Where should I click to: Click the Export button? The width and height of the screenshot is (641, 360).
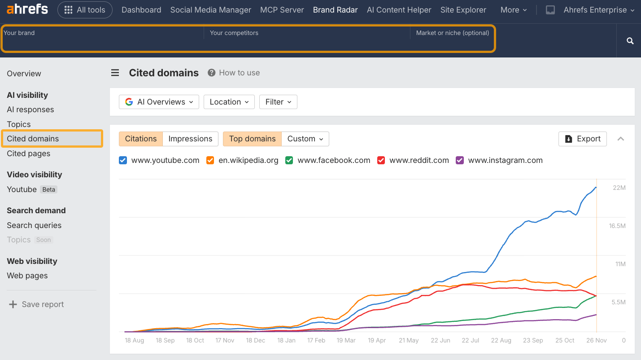(x=582, y=139)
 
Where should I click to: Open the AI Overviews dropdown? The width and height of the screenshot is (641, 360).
(x=159, y=102)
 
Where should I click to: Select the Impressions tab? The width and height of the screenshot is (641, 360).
(x=190, y=139)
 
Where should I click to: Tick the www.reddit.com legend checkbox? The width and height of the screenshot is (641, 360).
(x=381, y=160)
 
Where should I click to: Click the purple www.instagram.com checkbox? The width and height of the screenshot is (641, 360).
(x=460, y=160)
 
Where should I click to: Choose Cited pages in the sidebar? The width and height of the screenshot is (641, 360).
(x=29, y=154)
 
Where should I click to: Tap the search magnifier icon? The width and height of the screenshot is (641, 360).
(x=630, y=41)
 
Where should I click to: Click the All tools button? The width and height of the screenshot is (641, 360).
(x=85, y=10)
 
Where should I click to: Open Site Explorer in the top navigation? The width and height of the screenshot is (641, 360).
(x=463, y=10)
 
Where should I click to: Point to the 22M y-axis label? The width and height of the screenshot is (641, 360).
(x=619, y=188)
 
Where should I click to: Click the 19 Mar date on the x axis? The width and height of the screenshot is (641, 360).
(x=346, y=340)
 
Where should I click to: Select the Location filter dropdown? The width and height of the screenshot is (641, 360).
(x=229, y=102)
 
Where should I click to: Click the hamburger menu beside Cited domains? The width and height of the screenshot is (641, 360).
(x=115, y=73)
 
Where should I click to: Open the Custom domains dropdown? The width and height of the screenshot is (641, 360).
(x=305, y=139)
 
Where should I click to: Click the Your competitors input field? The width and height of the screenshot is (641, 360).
(x=307, y=40)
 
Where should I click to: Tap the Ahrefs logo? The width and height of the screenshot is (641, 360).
(x=27, y=9)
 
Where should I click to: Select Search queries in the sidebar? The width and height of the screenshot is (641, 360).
(x=34, y=225)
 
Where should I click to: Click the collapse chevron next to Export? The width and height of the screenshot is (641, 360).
(x=621, y=139)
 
